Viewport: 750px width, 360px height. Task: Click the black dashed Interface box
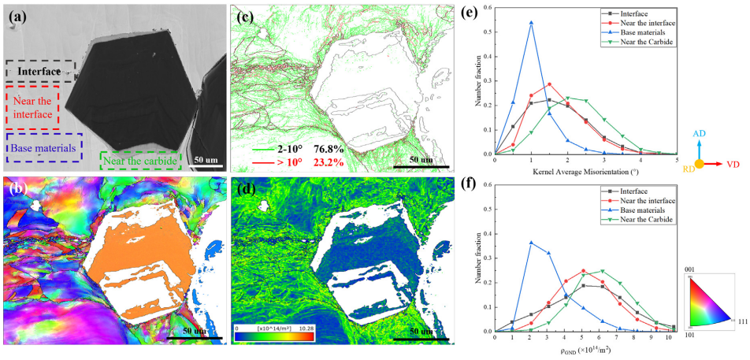click(x=40, y=72)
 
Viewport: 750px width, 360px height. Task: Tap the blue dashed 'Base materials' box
click(x=44, y=147)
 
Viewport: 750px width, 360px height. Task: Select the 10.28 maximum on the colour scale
click(x=305, y=325)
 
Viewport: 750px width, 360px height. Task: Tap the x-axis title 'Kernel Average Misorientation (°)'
click(x=585, y=171)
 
